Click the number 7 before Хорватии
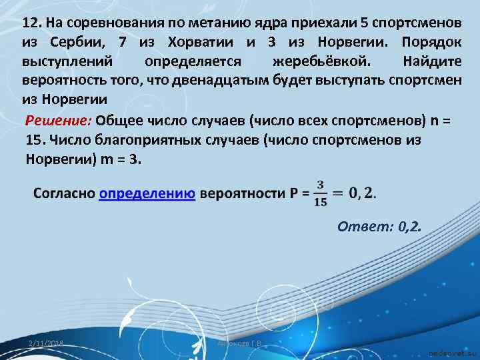(121, 43)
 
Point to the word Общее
(120, 122)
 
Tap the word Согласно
(63, 194)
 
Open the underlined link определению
(147, 194)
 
